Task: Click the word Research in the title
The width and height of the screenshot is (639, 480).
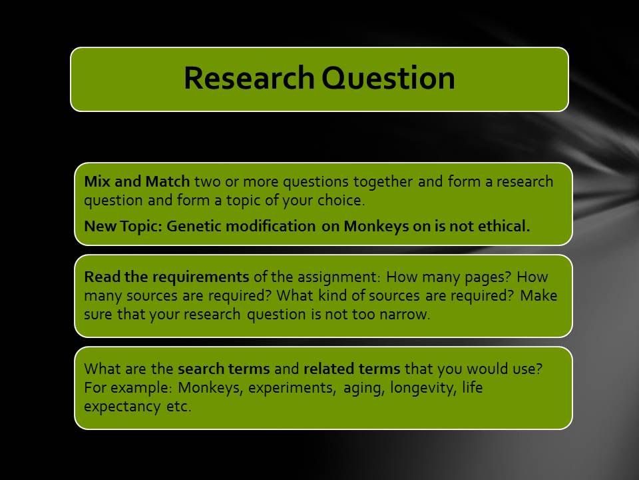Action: [x=249, y=77]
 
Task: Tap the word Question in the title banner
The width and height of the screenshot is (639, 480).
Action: [x=388, y=77]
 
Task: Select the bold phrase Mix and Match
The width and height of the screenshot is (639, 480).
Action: [x=137, y=181]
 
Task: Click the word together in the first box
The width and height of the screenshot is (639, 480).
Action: [x=383, y=182]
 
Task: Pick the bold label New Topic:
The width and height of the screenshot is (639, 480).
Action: [x=123, y=226]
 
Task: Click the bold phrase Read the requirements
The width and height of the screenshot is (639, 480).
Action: [x=166, y=277]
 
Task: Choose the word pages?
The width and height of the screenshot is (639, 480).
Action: [x=487, y=277]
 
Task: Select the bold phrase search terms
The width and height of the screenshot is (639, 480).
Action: [x=224, y=369]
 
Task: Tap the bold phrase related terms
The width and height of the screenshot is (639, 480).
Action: [x=352, y=369]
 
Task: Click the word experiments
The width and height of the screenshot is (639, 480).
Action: [x=292, y=388]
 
